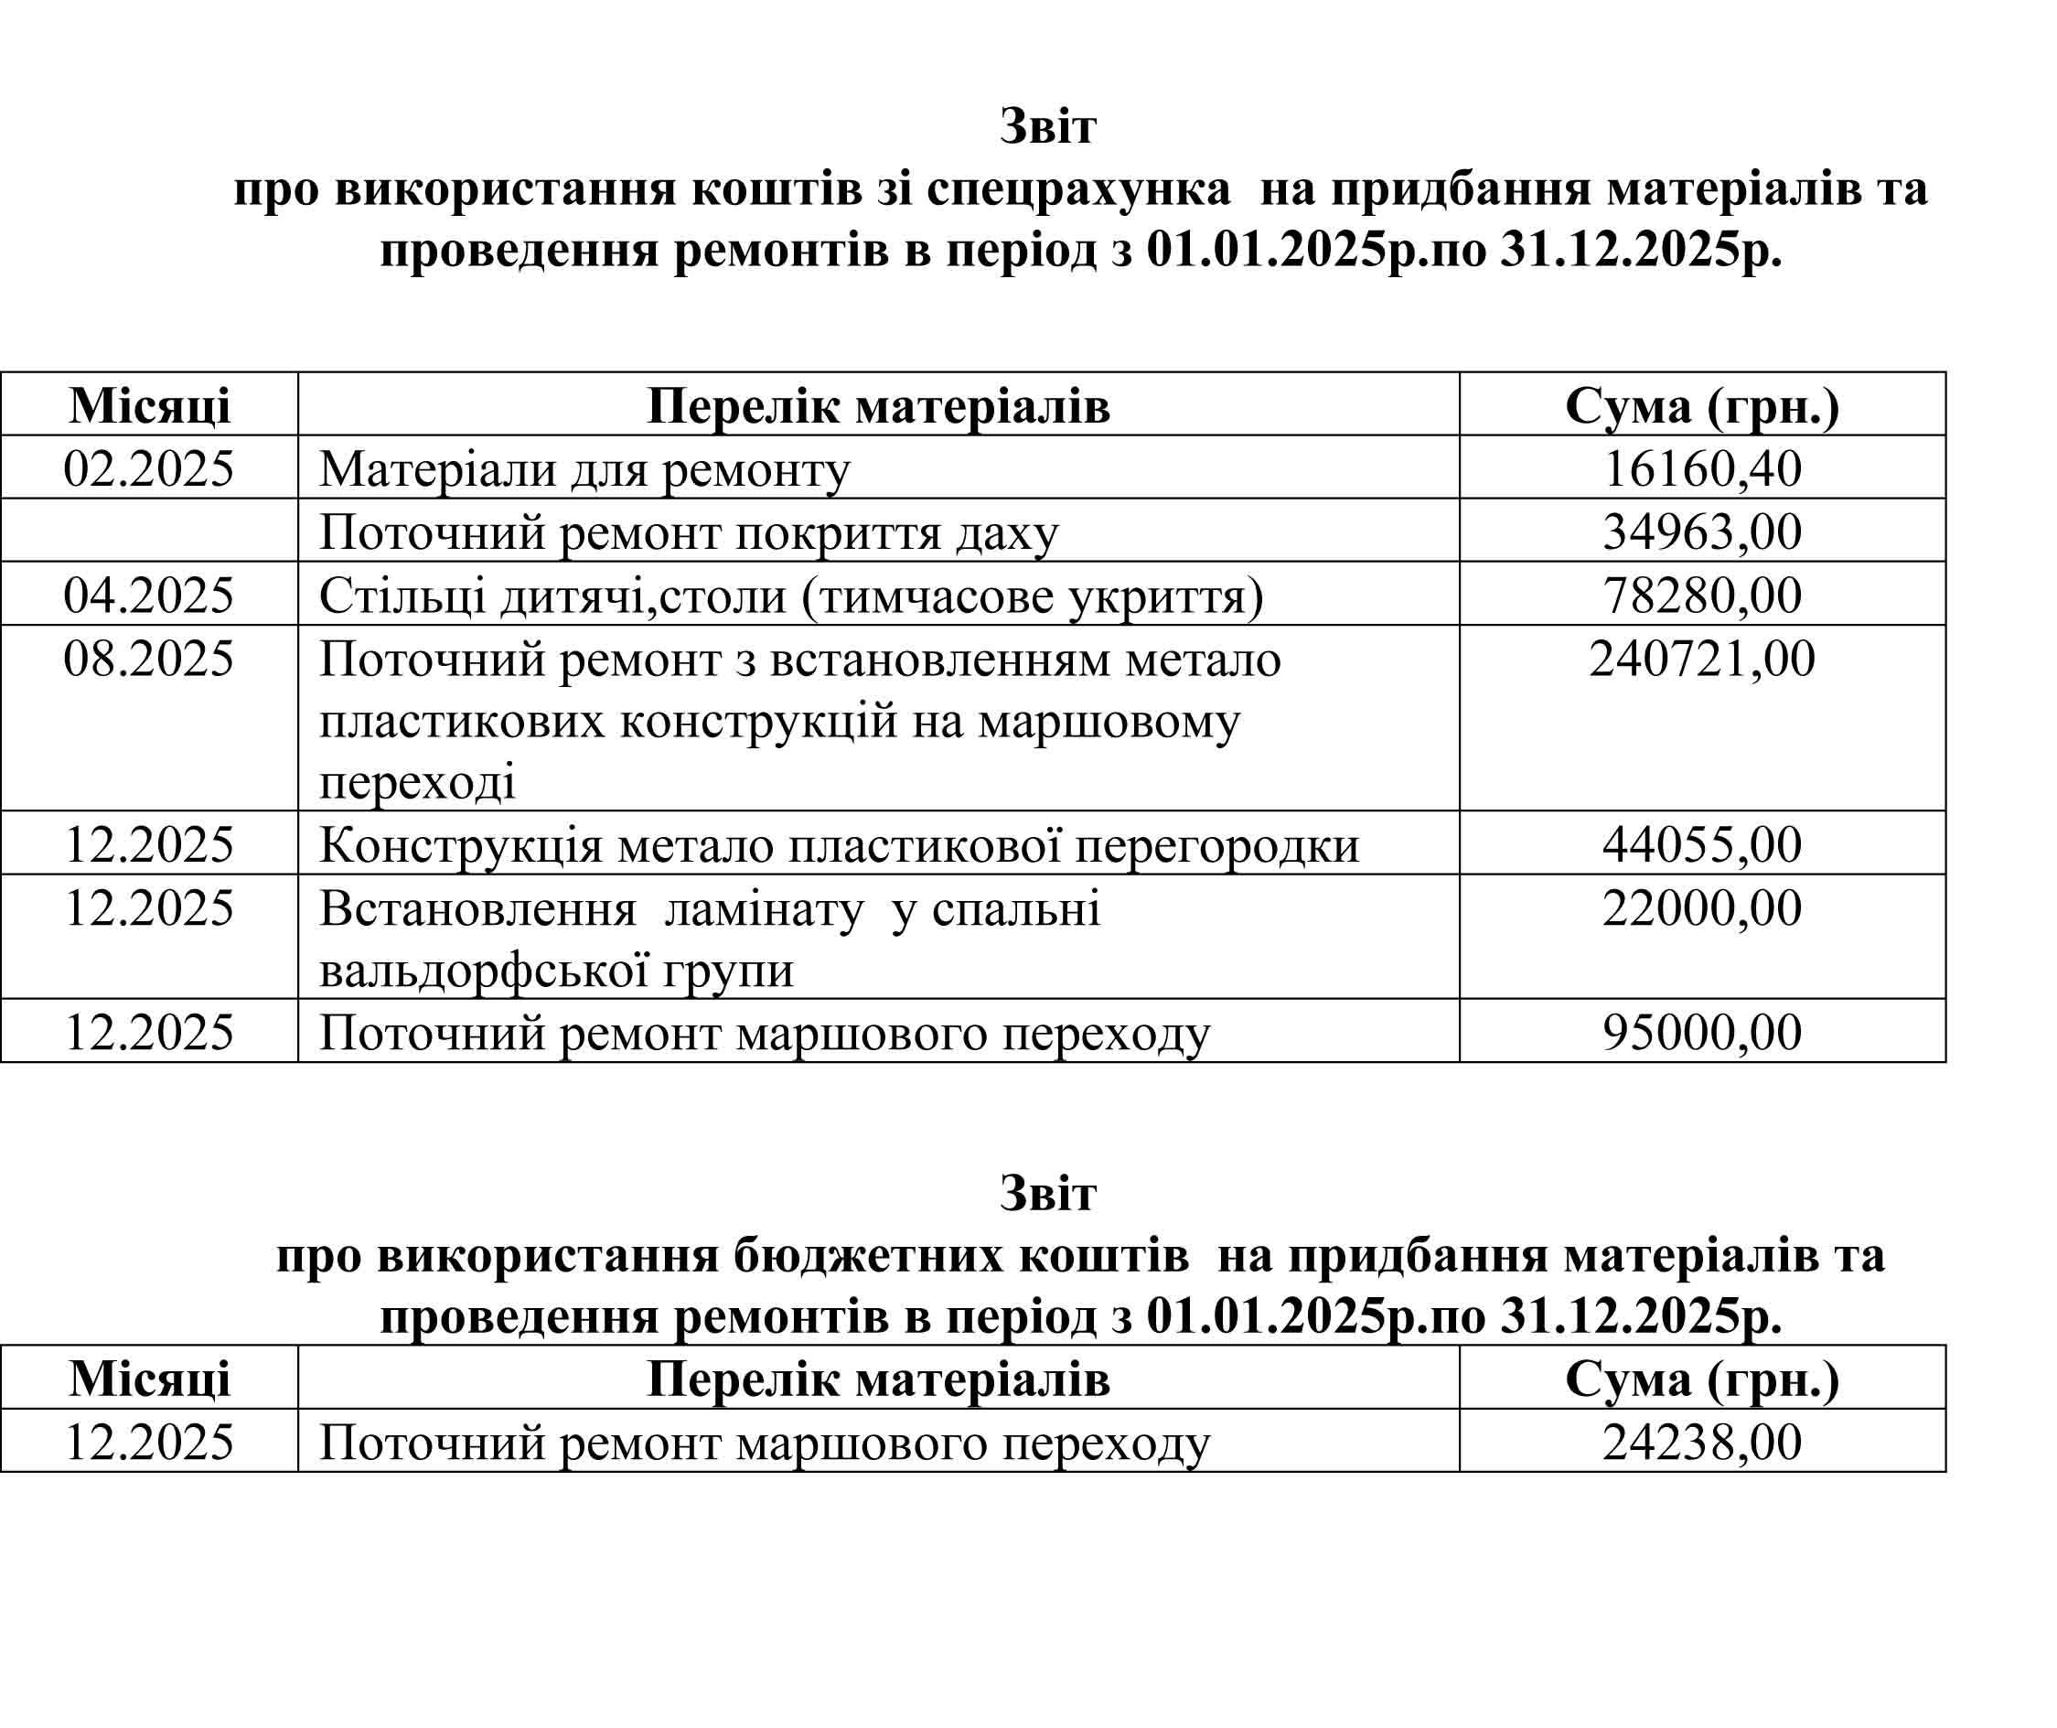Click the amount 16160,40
[x=1701, y=469]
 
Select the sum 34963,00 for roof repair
[x=1701, y=531]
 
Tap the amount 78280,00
[x=1701, y=596]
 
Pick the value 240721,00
[x=1701, y=659]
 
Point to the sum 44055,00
[x=1701, y=844]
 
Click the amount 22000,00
[x=1701, y=908]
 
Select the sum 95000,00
[x=1701, y=1033]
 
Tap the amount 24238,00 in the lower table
[x=1701, y=1442]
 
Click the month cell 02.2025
[x=149, y=469]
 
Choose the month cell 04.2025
[x=149, y=596]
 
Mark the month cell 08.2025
[x=149, y=659]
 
